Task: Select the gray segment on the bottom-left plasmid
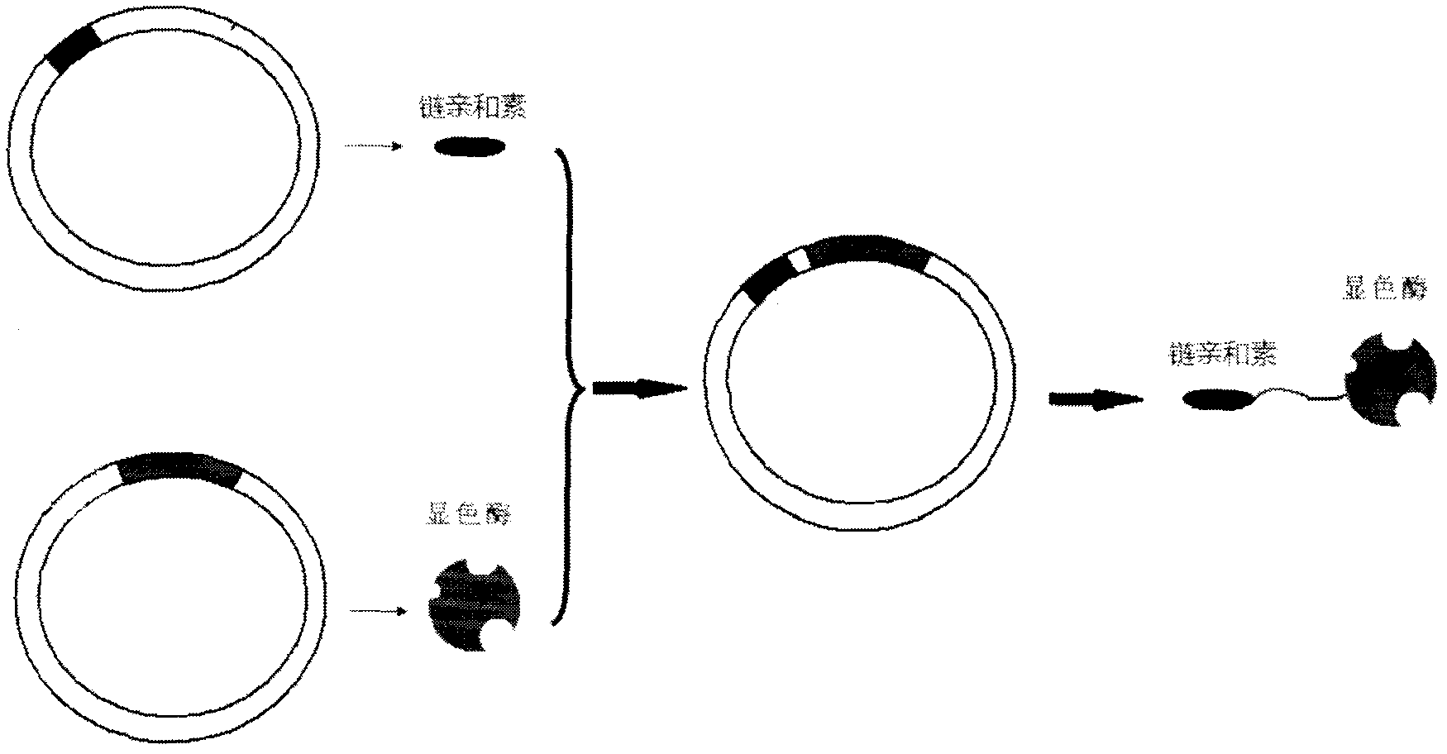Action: pos(179,469)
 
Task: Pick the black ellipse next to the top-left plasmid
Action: pos(470,147)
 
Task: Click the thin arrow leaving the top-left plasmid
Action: pos(372,147)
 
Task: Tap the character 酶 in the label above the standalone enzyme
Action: pos(499,516)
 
